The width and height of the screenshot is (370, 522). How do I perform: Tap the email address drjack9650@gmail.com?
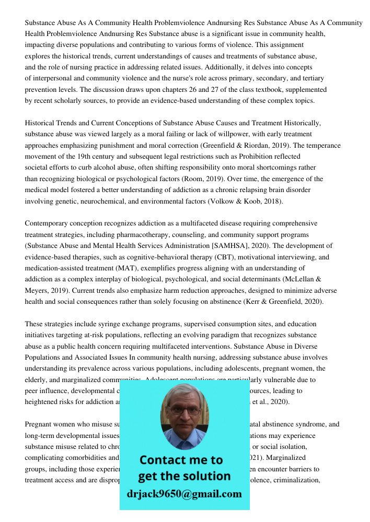tap(184, 494)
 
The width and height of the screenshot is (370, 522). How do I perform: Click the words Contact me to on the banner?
tap(181, 460)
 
